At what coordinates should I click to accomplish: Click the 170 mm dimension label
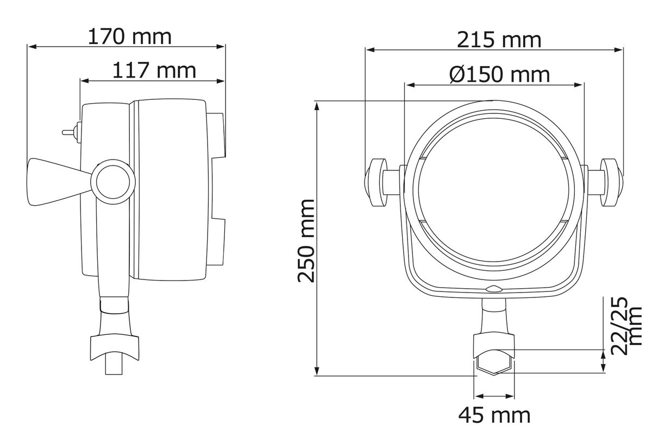pos(129,37)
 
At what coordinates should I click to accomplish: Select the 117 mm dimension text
pos(154,71)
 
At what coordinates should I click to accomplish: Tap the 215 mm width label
pos(499,40)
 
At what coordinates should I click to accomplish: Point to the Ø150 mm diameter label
pos(499,74)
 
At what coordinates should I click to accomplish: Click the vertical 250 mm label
pos(306,241)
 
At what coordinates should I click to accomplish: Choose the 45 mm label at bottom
pos(494,415)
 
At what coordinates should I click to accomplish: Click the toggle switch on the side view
pos(71,132)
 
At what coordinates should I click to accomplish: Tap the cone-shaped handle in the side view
pos(60,182)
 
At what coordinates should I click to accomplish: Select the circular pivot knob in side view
pos(113,182)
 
